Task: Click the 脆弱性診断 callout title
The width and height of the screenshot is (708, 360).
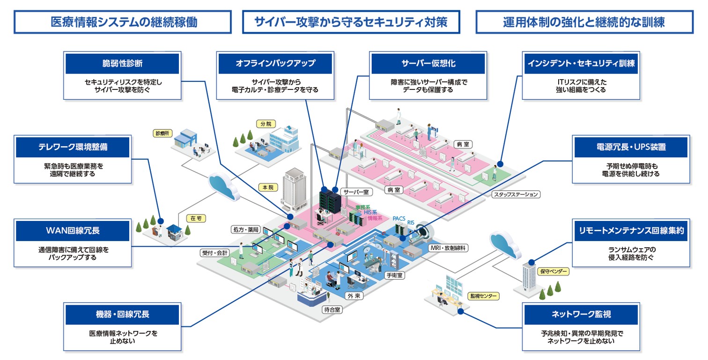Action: click(x=122, y=64)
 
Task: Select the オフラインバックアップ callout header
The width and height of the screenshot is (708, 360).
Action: click(x=275, y=64)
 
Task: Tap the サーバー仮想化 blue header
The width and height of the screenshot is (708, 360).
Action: click(x=428, y=64)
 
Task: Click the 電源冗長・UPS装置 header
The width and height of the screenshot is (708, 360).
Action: click(x=631, y=147)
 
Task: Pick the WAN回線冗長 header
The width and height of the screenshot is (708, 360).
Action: click(x=73, y=231)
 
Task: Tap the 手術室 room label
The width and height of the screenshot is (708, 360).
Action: click(x=394, y=275)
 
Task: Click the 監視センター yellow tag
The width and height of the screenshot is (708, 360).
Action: click(x=483, y=296)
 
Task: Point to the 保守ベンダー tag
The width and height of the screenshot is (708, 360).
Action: click(x=554, y=271)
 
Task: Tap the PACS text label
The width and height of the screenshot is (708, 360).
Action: click(x=399, y=218)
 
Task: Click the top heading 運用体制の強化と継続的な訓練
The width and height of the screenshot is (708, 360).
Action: click(x=584, y=22)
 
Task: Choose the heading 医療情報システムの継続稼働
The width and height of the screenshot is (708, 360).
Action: click(x=123, y=22)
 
